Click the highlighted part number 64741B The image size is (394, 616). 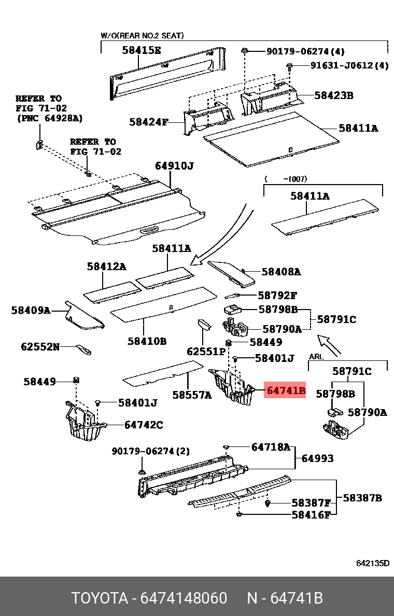click(285, 390)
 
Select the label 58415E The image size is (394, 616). click(142, 50)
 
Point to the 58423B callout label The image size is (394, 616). click(333, 95)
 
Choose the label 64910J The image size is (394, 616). click(174, 166)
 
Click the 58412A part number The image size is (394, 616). click(106, 267)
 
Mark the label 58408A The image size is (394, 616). click(281, 271)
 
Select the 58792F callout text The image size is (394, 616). click(277, 296)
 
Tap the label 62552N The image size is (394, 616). click(40, 346)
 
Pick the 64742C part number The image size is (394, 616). click(144, 425)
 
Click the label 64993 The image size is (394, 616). click(317, 458)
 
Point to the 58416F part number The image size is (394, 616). click(311, 515)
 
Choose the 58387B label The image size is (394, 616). click(362, 498)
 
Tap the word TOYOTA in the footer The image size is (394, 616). click(100, 598)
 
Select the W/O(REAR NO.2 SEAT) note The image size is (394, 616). click(142, 36)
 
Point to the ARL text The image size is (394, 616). click(316, 357)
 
